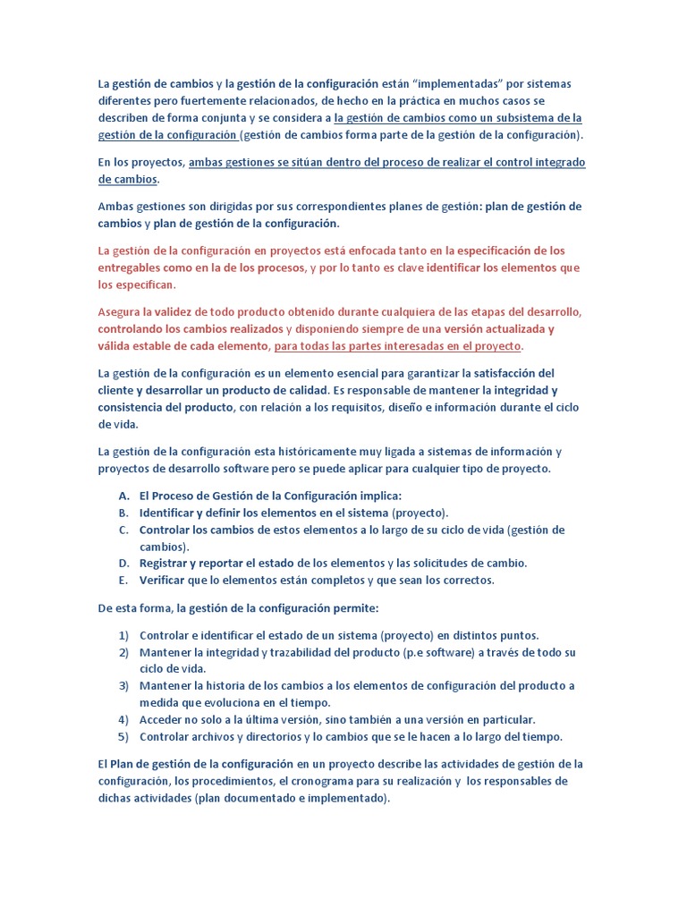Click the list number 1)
[x=123, y=635]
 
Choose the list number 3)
[x=123, y=686]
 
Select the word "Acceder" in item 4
[x=163, y=719]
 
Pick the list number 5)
[x=123, y=736]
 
